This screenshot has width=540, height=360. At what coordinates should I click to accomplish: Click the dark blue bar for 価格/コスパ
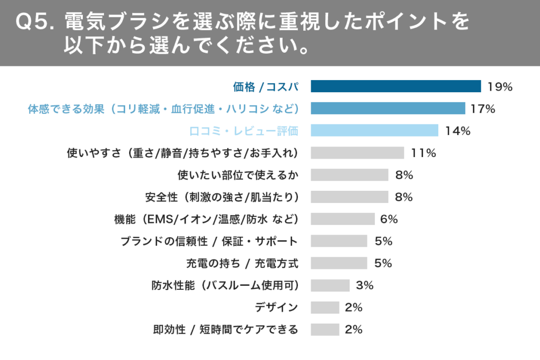click(x=396, y=86)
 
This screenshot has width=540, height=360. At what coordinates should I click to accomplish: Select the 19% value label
click(x=500, y=87)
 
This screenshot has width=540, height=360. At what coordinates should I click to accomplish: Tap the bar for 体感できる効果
click(x=388, y=109)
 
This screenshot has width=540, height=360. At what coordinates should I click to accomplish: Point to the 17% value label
click(x=483, y=109)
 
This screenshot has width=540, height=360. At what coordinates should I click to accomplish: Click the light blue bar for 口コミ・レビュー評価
click(x=374, y=131)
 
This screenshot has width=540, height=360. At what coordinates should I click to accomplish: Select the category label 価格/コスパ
click(x=266, y=87)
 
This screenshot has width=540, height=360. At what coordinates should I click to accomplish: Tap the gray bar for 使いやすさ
click(x=357, y=153)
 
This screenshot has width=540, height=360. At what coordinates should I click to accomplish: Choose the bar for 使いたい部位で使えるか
click(x=349, y=175)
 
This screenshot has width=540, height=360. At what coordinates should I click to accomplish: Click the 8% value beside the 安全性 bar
click(x=404, y=197)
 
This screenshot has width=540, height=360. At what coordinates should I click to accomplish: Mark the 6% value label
click(x=389, y=219)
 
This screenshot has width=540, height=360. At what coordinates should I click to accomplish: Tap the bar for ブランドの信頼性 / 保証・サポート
click(x=339, y=241)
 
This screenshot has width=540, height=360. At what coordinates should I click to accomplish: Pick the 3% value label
click(x=364, y=286)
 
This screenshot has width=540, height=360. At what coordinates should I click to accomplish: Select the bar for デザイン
click(x=325, y=308)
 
